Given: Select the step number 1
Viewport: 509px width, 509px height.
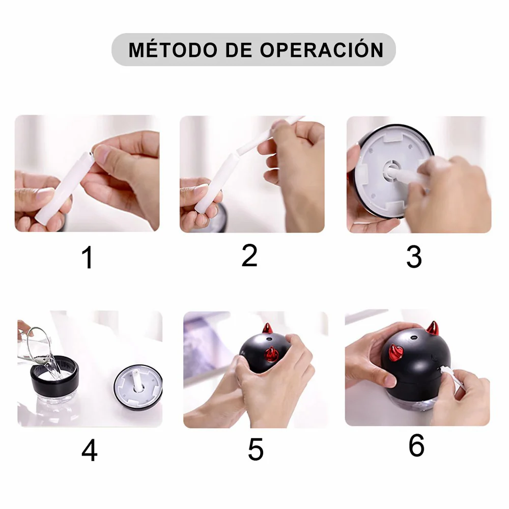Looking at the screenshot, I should click(88, 258).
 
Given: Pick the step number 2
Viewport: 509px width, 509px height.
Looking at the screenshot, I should click(249, 256).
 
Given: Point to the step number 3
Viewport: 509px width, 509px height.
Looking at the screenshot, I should click(414, 257).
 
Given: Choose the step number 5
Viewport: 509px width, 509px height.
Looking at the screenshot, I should click(256, 450).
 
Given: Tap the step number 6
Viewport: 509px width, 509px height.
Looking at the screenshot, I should click(416, 446).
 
